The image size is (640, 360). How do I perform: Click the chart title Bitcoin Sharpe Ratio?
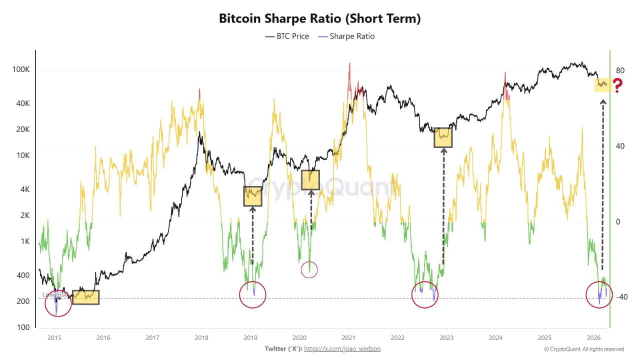[320, 18]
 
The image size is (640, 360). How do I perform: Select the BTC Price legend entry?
[287, 36]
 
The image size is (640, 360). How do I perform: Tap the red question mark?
[617, 86]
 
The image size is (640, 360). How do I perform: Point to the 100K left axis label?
[20, 69]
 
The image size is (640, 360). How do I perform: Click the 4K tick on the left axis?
[23, 189]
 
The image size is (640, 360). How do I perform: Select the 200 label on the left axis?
[23, 301]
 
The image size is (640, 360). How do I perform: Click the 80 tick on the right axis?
[620, 70]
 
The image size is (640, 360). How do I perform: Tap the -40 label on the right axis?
[621, 297]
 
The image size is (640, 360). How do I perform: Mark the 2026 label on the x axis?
[593, 337]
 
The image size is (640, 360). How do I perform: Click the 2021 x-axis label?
[348, 337]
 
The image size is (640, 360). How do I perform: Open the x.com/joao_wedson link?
[342, 349]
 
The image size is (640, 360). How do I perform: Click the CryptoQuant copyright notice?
[583, 349]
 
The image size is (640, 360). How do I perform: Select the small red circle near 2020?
[309, 270]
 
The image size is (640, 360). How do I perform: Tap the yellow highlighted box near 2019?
[253, 196]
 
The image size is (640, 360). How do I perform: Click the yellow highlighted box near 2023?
[443, 137]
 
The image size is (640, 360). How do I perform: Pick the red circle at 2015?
[58, 303]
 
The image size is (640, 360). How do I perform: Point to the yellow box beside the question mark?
[601, 84]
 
